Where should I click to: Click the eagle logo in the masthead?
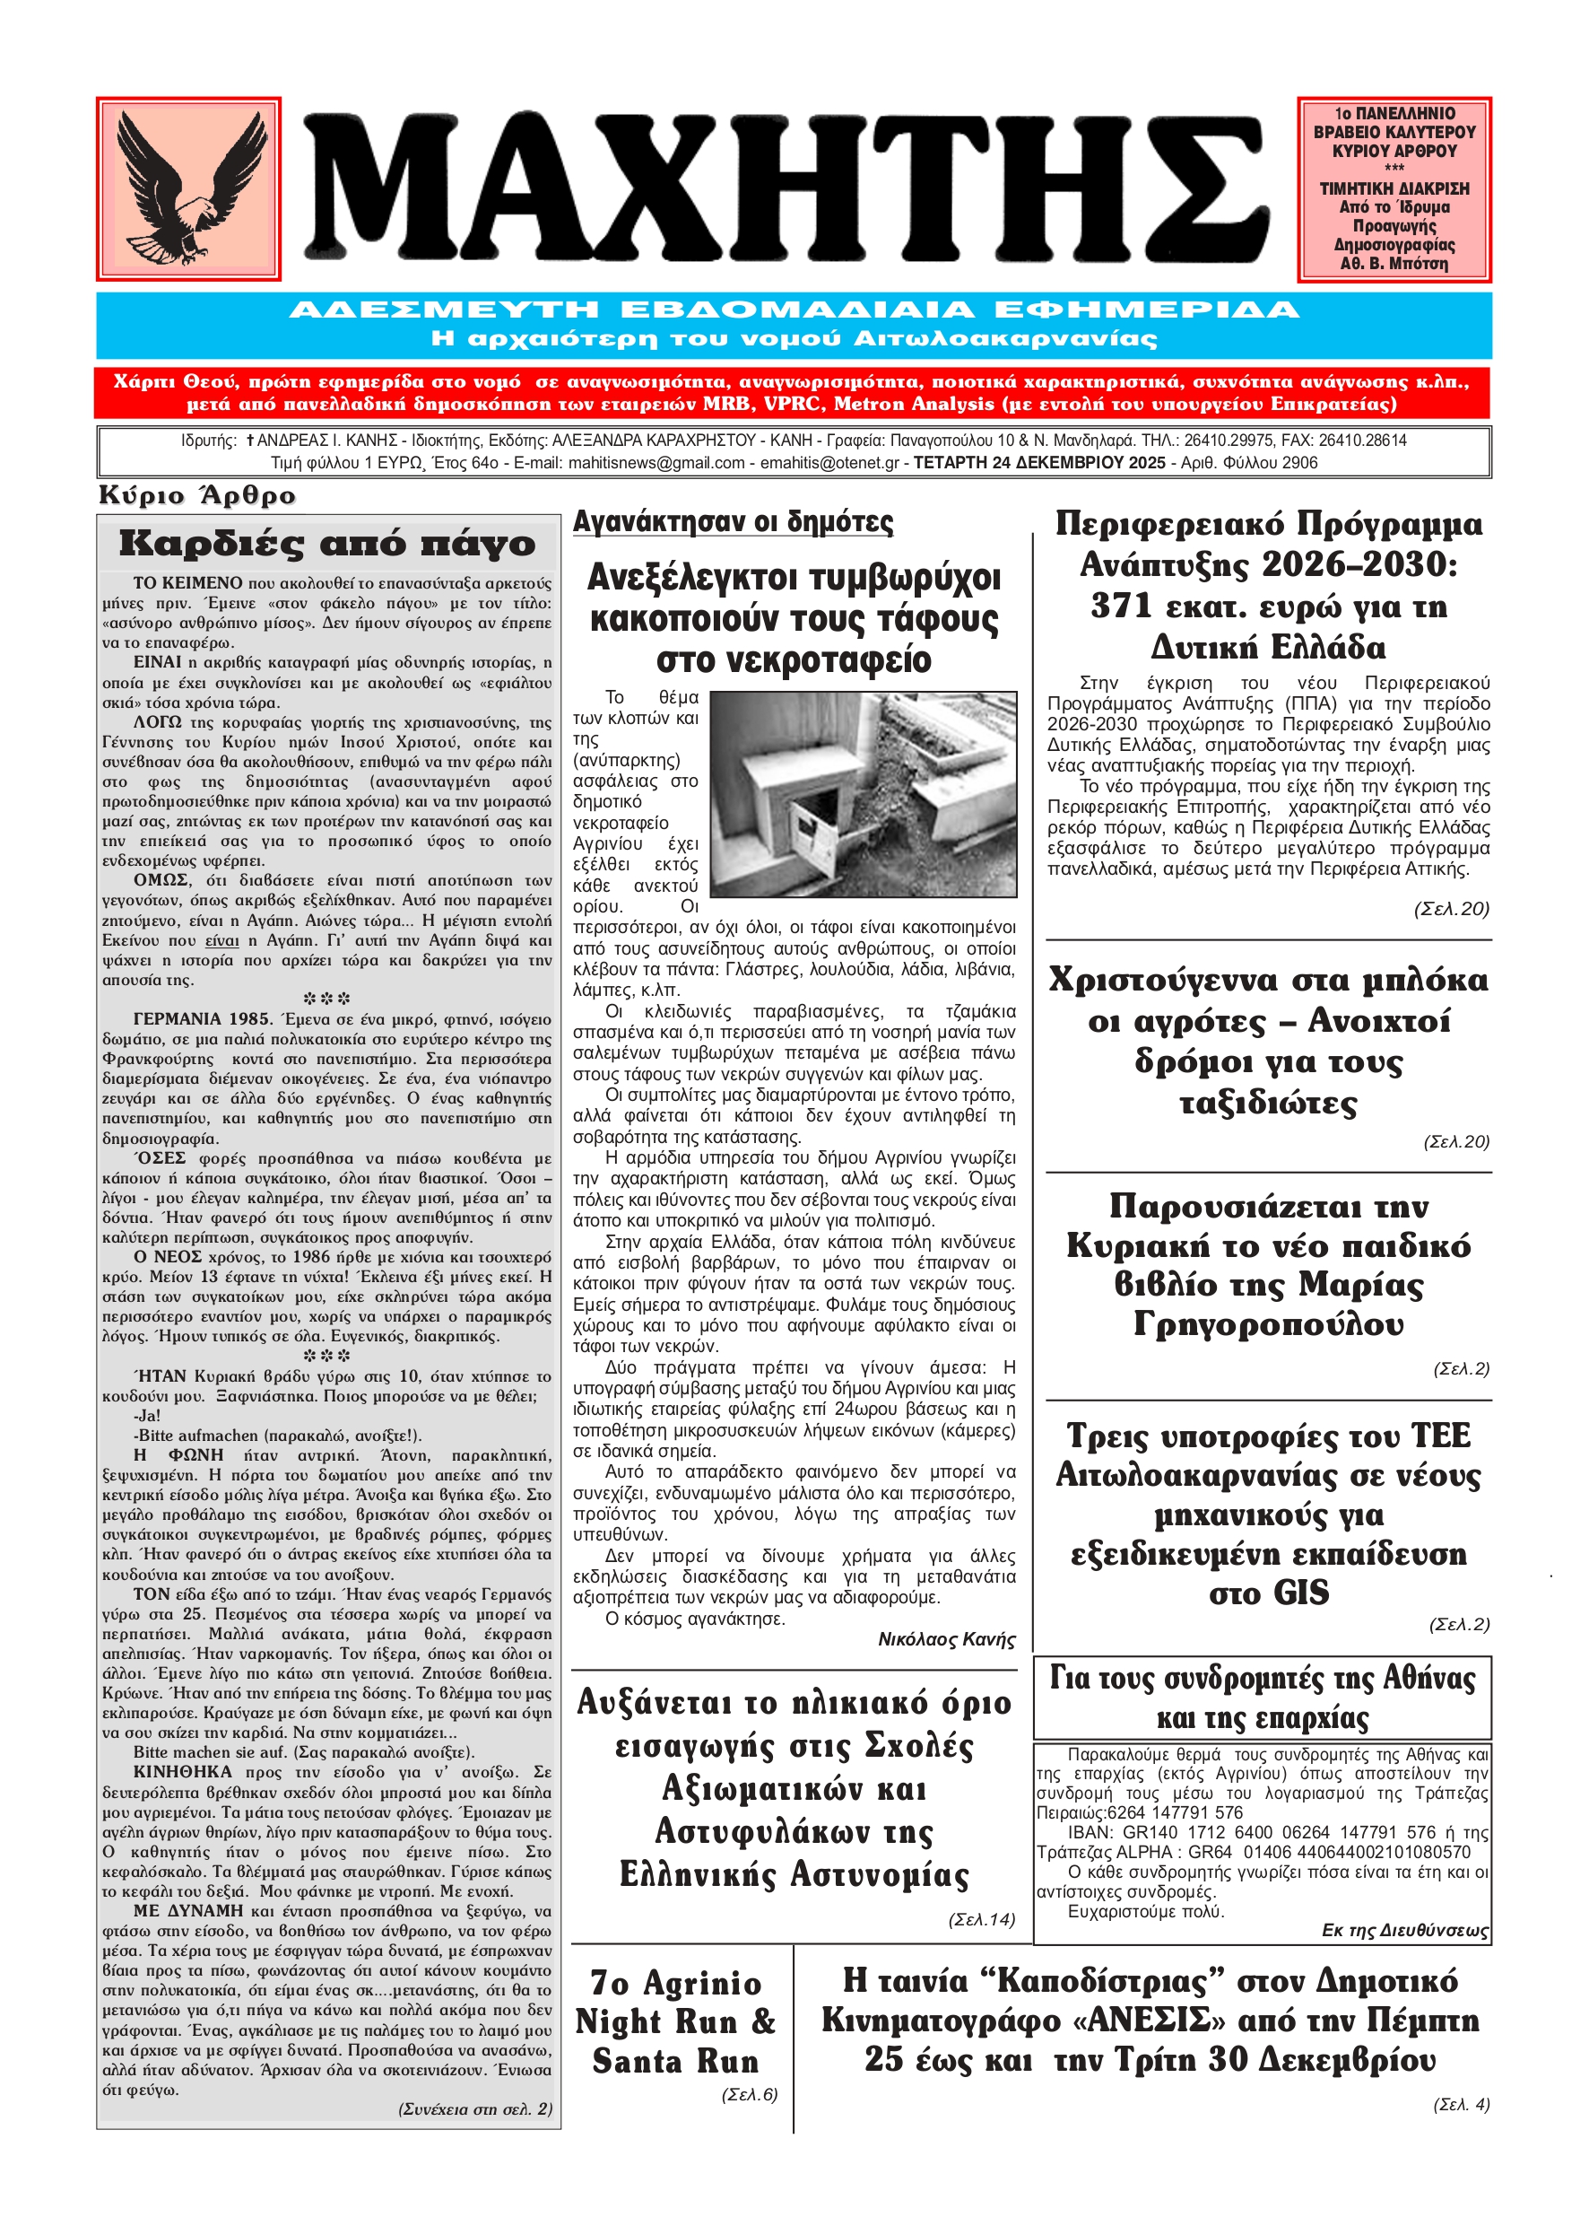click(x=187, y=189)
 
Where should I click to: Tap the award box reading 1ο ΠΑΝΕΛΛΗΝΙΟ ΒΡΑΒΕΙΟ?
click(x=1394, y=189)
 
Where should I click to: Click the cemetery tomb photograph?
click(x=862, y=794)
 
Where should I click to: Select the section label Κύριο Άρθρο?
click(x=196, y=495)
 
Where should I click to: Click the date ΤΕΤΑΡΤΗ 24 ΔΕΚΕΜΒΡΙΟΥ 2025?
click(x=1039, y=463)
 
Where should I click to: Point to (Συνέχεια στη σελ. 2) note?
click(x=475, y=2108)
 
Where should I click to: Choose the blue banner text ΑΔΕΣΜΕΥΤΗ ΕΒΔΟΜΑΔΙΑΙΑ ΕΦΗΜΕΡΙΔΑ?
click(x=794, y=310)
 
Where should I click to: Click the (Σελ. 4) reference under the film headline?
click(x=1461, y=2105)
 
